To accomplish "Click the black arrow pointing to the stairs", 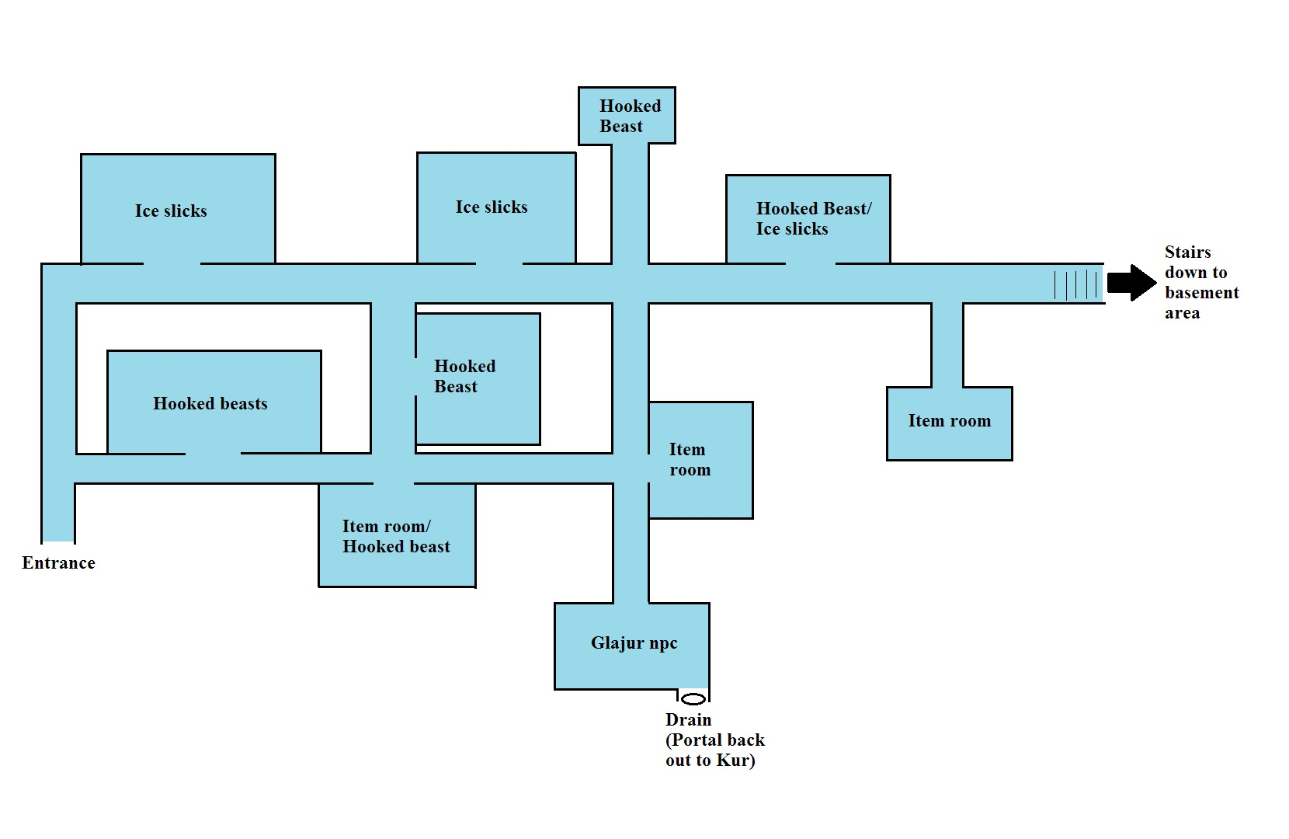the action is point(1131,283).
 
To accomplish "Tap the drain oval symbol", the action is point(693,699).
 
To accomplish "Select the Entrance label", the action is point(59,562).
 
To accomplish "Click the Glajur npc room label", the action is point(634,643).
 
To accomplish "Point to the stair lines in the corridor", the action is point(1075,285).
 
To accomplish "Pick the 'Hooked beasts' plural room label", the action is point(210,403).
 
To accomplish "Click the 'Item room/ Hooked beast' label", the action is point(396,536).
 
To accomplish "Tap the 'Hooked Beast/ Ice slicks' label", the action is point(814,218).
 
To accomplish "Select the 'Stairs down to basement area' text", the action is point(1201,282).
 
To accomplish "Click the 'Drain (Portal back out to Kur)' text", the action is point(715,740).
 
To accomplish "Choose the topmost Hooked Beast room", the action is point(627,115).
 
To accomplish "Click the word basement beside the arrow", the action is point(1201,293).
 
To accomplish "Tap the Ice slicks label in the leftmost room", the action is point(171,211).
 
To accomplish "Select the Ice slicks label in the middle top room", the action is point(492,207).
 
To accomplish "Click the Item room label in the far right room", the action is point(950,420).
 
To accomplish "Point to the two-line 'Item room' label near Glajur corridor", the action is point(690,460).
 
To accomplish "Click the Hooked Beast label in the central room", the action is point(464,376).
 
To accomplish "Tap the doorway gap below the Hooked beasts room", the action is point(213,454).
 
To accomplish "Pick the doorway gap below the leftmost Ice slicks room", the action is point(172,263).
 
